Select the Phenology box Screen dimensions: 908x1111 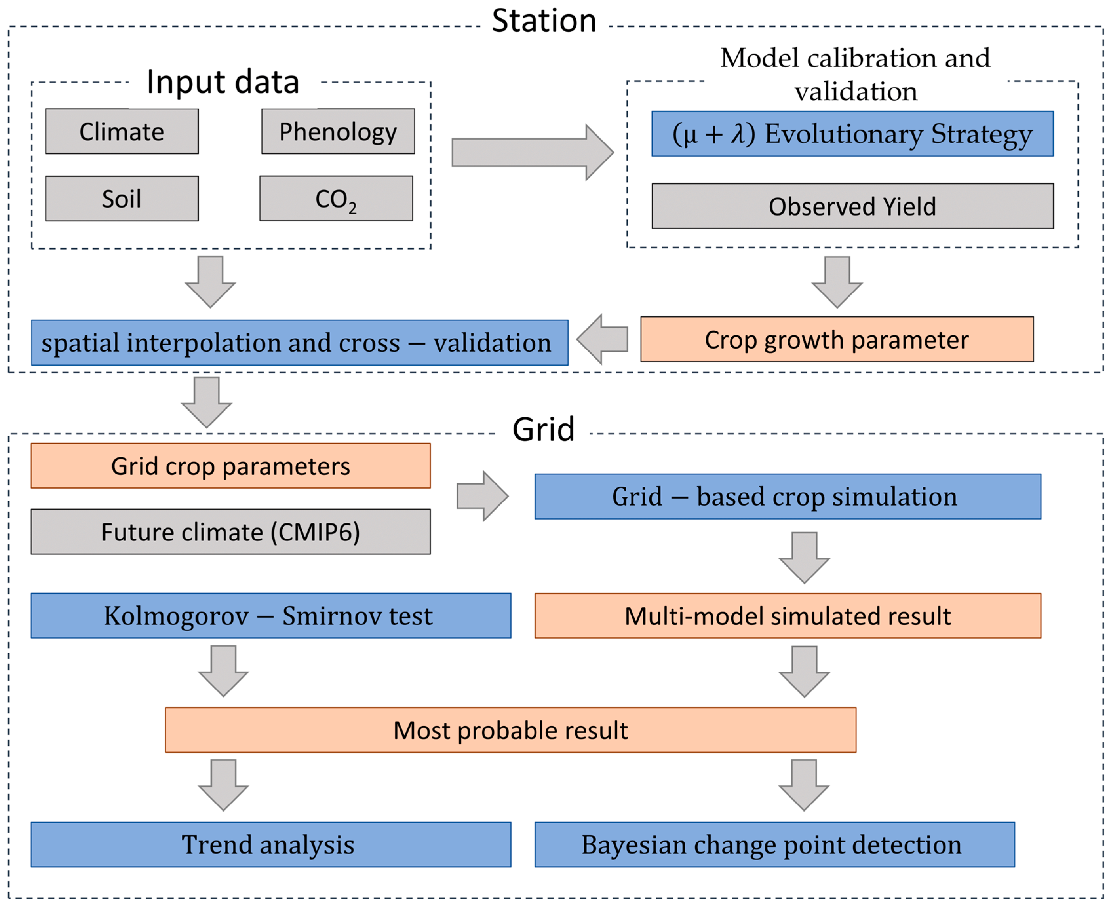click(338, 131)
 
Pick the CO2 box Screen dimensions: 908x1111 click(336, 199)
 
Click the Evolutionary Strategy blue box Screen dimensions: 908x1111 click(852, 134)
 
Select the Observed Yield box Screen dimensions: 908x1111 click(852, 206)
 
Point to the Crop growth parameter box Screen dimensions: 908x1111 click(837, 339)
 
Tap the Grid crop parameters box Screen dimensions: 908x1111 click(230, 466)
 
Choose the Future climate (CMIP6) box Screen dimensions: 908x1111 click(230, 532)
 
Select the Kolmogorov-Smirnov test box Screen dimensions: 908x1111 click(271, 615)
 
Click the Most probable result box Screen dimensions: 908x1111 click(510, 730)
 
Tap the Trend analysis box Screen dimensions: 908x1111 click(271, 845)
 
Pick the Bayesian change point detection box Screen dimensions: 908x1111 click(774, 845)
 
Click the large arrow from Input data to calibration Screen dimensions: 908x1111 click(531, 152)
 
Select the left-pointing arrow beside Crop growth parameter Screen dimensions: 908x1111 click(603, 339)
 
